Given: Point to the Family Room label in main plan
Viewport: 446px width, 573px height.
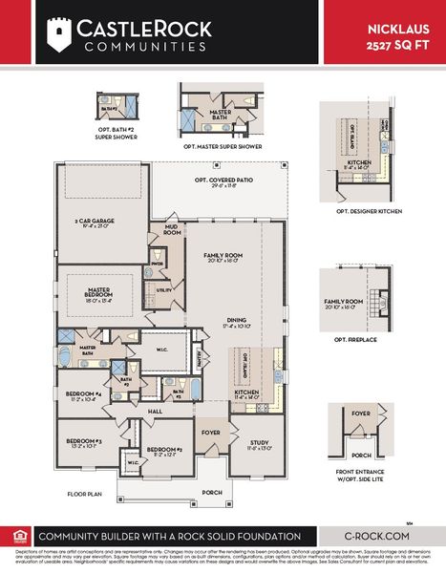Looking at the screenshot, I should (x=224, y=259).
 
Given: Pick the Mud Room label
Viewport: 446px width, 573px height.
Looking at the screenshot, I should (x=172, y=229).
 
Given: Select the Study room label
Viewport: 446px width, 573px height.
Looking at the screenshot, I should (x=260, y=444).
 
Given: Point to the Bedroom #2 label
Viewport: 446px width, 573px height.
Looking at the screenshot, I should (x=164, y=451).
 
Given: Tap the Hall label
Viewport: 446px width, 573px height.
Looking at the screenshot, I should (x=156, y=411).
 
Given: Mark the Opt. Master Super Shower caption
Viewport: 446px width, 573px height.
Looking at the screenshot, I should (x=223, y=147).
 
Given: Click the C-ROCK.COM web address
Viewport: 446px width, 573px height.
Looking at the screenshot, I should (x=380, y=537).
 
